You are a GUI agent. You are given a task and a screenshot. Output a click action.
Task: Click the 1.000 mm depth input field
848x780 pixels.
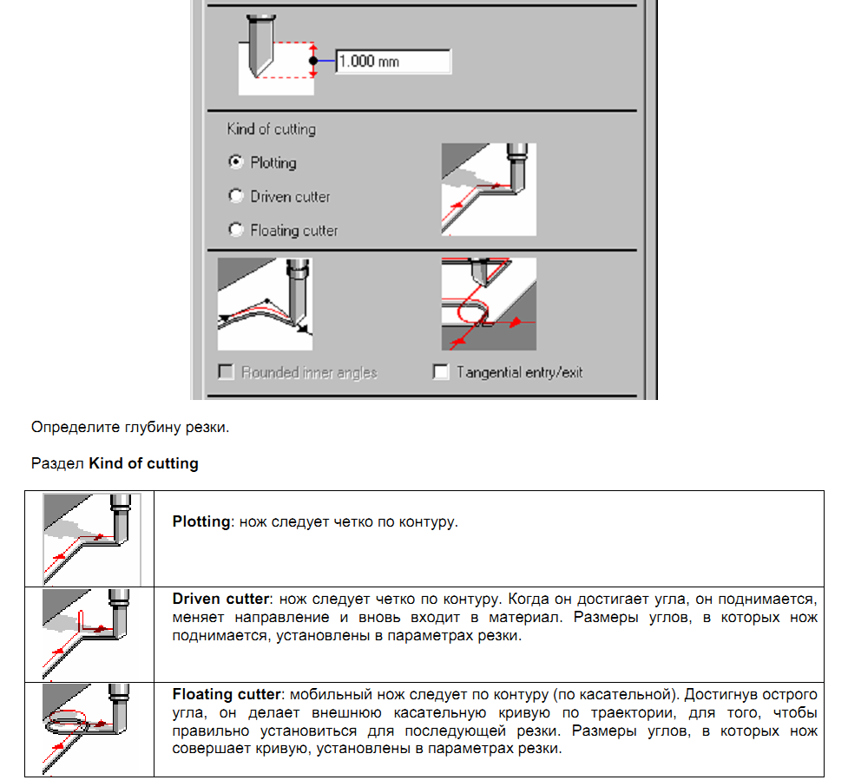(x=392, y=62)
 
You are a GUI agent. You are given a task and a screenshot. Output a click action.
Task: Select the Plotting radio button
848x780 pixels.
(x=235, y=162)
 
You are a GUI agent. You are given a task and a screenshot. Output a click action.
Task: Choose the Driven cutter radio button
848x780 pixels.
(x=235, y=196)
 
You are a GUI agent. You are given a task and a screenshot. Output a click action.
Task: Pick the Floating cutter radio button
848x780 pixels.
(x=235, y=230)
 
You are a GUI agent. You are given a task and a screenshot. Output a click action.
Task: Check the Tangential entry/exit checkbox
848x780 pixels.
(x=441, y=372)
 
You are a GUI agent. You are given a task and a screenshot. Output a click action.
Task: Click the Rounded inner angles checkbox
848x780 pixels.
(x=227, y=372)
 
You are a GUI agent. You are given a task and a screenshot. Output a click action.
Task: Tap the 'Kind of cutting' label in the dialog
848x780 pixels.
(x=271, y=129)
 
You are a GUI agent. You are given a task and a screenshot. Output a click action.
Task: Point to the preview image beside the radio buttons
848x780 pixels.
(x=489, y=189)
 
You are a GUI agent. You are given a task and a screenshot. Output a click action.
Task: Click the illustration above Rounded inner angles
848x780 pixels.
(x=265, y=304)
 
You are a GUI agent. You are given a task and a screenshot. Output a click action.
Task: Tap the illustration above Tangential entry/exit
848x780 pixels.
(x=489, y=304)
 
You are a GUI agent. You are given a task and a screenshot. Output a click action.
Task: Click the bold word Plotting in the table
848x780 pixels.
(x=200, y=522)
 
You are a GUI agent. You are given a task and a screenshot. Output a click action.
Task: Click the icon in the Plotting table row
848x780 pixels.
(x=91, y=538)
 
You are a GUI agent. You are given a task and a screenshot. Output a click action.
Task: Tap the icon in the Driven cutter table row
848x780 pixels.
(x=91, y=633)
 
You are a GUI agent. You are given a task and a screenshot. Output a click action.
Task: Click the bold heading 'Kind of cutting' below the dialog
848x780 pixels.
(x=143, y=463)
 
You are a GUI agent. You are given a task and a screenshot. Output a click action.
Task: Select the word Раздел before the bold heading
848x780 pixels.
(x=57, y=463)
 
